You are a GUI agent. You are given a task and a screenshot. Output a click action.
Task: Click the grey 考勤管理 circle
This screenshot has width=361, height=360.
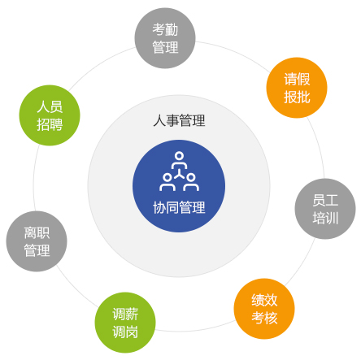[x=165, y=38]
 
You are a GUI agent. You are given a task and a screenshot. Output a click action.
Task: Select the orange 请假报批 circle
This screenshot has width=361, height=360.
[x=297, y=88]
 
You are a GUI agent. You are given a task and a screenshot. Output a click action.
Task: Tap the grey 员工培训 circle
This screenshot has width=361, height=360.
[x=325, y=209]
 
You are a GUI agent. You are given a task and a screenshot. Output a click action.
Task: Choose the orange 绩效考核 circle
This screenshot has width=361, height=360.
[x=264, y=309]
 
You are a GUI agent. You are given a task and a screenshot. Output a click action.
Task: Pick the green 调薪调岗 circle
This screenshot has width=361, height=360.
[x=125, y=323]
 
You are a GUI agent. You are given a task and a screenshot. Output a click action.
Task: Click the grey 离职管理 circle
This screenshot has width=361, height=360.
[x=37, y=241]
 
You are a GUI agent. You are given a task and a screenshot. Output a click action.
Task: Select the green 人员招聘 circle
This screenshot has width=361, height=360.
[x=50, y=115]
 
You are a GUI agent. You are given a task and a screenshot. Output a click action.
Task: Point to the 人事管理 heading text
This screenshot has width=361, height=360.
[x=179, y=120]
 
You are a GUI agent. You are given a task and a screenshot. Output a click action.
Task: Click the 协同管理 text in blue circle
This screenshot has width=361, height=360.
[x=179, y=207]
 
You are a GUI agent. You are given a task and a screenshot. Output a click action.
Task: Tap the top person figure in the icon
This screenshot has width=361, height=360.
[x=179, y=160]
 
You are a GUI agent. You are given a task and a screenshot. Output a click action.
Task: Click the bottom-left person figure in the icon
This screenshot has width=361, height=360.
[x=167, y=182]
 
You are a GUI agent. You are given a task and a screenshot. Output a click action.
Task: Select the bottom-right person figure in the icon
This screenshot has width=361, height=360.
[x=191, y=182]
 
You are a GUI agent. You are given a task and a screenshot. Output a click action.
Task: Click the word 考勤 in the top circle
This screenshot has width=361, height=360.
[x=165, y=29]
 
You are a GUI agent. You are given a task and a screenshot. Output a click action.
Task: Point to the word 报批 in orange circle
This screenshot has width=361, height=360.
[x=297, y=97]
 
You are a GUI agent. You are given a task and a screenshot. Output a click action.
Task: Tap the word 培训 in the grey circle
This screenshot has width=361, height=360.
[x=325, y=218]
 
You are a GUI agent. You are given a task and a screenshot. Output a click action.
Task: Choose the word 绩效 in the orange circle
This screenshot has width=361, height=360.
[x=264, y=300]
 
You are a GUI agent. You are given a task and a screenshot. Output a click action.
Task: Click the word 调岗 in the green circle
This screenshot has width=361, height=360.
[x=125, y=332]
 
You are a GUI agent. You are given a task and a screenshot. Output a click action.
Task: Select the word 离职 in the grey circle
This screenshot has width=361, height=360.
[x=37, y=232]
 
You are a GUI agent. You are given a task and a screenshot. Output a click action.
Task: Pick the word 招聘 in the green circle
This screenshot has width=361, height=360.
[x=50, y=124]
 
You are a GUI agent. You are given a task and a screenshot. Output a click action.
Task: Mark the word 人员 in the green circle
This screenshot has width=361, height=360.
[x=50, y=106]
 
